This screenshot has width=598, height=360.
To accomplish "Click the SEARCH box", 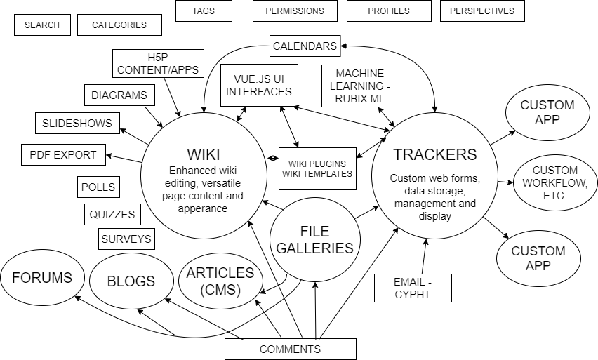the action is point(42,25).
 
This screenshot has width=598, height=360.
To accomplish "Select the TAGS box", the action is point(204,11).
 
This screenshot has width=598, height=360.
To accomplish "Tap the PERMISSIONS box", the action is point(295,11).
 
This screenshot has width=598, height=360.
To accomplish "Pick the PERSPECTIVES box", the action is point(482,11).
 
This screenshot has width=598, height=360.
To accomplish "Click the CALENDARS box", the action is point(305,46).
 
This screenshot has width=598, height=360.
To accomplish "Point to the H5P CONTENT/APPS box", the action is point(158,63).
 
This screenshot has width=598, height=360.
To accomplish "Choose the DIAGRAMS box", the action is point(119,95).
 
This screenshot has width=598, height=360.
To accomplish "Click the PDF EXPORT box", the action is point(63,155).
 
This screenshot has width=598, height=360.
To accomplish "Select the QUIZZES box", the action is point(112,214).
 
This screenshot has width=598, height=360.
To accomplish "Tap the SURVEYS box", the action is point(126,239).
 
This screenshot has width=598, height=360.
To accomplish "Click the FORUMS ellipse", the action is point(42,278).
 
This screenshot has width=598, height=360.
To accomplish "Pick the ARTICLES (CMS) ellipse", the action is point(220,281).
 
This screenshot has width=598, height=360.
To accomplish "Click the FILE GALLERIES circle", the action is point(314,240).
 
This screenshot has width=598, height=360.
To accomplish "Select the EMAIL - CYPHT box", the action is point(413,288).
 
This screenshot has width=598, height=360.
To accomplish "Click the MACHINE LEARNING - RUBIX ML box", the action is point(360,86).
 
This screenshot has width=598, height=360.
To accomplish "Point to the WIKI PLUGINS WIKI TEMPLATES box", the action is point(317,168).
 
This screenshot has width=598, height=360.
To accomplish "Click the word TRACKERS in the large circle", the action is point(434,154).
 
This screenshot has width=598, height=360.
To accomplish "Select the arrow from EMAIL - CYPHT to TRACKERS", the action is point(424,257).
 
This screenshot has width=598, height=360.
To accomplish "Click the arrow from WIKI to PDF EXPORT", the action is point(124,159).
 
